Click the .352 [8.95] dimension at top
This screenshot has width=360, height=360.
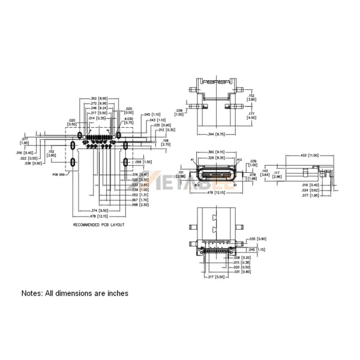pos(98,98)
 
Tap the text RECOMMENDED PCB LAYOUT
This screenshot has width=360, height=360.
pos(98,224)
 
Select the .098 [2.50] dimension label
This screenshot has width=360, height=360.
pos(139,205)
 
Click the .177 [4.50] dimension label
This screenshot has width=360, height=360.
pos(251,115)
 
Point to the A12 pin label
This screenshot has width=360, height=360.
pos(239,160)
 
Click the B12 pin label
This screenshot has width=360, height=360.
pos(196,186)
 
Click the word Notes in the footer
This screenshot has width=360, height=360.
pos(33,294)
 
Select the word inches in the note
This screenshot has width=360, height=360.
pos(116,294)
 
